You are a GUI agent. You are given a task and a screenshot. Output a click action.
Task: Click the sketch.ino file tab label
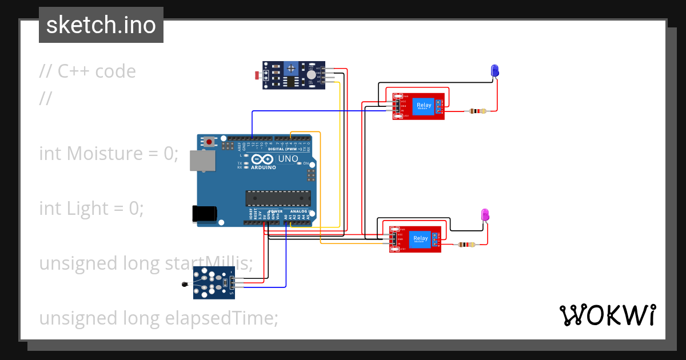click(101, 25)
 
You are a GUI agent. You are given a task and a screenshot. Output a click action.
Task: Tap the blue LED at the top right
click(495, 70)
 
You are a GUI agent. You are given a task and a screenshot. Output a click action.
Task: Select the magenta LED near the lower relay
click(485, 214)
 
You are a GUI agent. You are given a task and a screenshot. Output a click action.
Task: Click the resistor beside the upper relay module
click(477, 111)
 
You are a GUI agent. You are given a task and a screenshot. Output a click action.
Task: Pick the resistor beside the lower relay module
click(466, 245)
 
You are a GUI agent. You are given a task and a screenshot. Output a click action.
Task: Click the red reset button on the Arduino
click(210, 141)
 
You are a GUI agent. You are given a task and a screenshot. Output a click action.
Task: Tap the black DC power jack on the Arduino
click(204, 214)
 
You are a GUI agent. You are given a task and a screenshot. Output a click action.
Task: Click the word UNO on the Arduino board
click(288, 158)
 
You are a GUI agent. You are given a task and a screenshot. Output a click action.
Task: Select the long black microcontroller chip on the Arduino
click(278, 198)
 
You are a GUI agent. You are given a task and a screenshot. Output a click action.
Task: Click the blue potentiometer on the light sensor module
click(292, 69)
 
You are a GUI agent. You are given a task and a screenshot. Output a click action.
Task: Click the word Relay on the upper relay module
click(424, 105)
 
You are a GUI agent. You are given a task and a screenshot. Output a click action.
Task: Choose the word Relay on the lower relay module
click(420, 238)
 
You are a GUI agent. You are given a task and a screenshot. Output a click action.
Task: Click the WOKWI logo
click(608, 315)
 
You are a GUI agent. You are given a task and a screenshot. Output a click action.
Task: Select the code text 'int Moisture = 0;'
click(109, 153)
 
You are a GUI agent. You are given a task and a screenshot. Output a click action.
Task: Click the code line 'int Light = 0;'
click(91, 208)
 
